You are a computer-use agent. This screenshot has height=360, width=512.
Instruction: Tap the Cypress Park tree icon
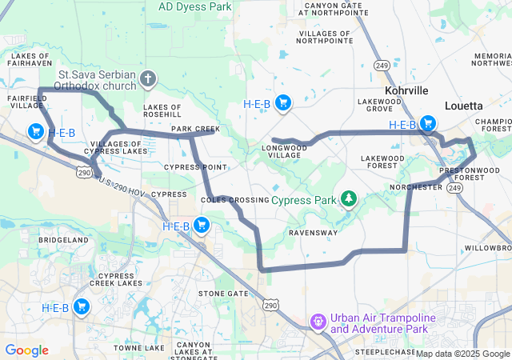(348, 198)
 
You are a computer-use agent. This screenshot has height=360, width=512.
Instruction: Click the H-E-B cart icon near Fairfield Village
(35, 131)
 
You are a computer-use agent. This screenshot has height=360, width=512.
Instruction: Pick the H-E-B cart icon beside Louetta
(428, 123)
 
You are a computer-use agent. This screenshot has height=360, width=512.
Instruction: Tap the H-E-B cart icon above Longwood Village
(282, 102)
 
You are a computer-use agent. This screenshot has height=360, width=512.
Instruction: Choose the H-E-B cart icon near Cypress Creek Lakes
(81, 306)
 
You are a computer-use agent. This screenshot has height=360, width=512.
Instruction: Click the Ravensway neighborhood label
(313, 233)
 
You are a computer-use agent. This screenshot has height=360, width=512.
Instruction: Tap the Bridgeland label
(63, 240)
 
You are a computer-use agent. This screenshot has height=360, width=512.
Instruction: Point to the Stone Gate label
(223, 294)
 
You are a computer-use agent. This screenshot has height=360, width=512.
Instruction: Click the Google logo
(26, 350)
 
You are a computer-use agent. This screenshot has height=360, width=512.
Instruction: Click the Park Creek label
(195, 129)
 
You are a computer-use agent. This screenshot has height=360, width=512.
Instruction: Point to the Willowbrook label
(486, 248)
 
